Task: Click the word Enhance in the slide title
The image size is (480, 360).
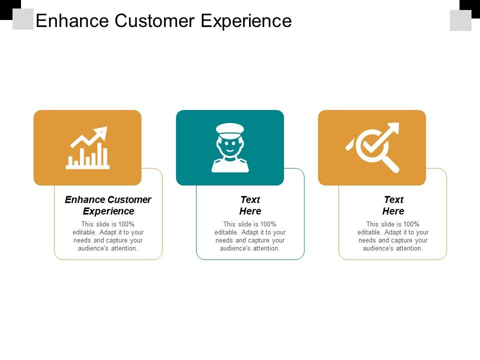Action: [x=72, y=21]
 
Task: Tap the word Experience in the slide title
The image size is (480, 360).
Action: [x=246, y=21]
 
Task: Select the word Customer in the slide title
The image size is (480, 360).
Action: [x=154, y=21]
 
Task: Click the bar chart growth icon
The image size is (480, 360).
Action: [x=87, y=147]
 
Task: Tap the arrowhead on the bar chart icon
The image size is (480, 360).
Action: [x=102, y=132]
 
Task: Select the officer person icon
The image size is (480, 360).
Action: [x=230, y=147]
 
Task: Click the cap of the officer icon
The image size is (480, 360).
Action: [x=230, y=128]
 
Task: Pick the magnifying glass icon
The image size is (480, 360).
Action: [x=372, y=147]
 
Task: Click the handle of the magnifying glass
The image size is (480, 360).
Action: [x=390, y=164]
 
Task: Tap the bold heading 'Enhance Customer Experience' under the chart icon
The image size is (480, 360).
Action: [x=108, y=205]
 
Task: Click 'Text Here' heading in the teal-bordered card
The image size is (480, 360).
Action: [x=250, y=205]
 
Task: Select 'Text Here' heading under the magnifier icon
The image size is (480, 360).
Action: [x=393, y=205]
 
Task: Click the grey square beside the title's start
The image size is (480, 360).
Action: [x=23, y=19]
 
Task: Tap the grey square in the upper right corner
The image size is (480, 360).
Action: [x=460, y=20]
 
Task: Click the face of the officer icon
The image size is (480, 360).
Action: [x=230, y=146]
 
